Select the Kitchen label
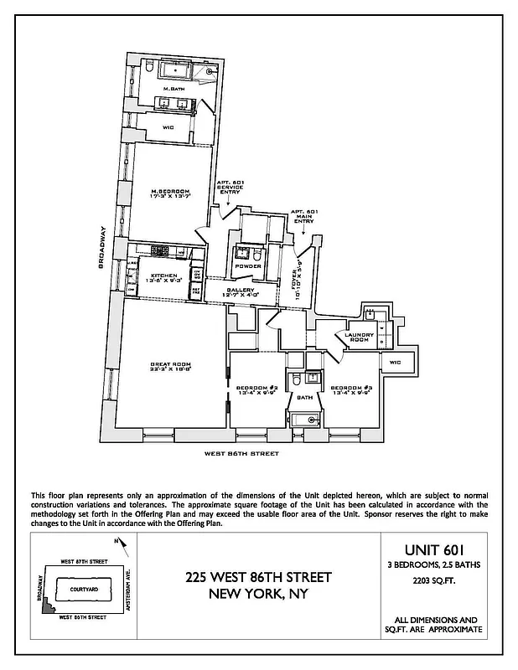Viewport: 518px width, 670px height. click(x=163, y=276)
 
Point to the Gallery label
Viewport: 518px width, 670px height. click(x=239, y=291)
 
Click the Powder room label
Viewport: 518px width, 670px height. click(x=248, y=266)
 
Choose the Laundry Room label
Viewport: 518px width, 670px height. click(x=359, y=338)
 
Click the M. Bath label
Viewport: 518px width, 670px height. click(x=173, y=89)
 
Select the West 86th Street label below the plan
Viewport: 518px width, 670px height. click(x=242, y=454)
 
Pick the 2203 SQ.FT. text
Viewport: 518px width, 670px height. click(x=434, y=578)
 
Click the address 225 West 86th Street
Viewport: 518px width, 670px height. click(x=258, y=578)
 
